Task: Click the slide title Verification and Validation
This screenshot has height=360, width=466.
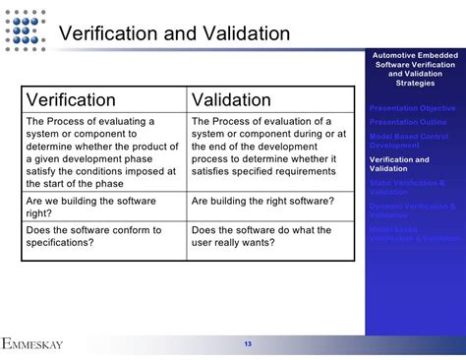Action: coord(174,33)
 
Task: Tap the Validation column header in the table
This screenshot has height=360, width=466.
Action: coord(231,99)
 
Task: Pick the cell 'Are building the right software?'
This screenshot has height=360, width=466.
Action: coord(262,200)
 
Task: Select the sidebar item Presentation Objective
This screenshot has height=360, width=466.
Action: coord(413,107)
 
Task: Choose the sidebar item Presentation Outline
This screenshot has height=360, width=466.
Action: coord(408,121)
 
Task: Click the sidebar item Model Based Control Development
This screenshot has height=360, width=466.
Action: coord(409,140)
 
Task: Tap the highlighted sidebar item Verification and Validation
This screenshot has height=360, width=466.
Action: coord(400,163)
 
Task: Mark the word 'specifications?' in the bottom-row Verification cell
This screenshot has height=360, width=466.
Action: coord(62,243)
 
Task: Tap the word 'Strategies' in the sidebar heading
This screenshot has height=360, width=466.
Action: coord(414,83)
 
